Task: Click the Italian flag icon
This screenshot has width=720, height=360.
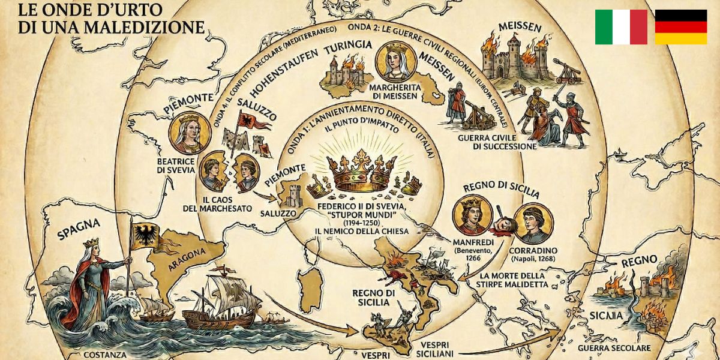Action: point(621,27)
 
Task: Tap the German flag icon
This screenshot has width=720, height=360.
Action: point(680,27)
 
